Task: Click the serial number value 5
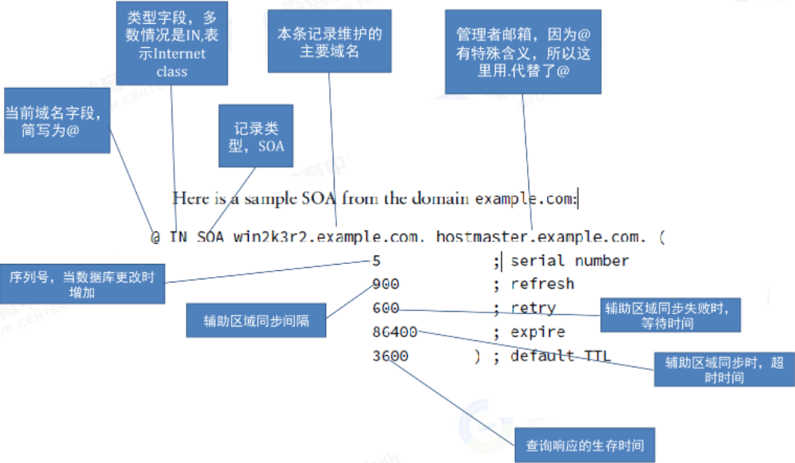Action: click(376, 261)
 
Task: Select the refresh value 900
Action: click(386, 284)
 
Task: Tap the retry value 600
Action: click(386, 308)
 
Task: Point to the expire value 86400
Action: click(395, 332)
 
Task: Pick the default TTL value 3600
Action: click(390, 356)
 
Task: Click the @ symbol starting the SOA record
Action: click(155, 237)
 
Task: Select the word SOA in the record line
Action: click(210, 237)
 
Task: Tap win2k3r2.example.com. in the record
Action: click(328, 237)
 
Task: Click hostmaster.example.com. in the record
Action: click(541, 237)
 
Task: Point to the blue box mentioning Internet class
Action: click(172, 43)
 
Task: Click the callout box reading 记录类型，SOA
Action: click(256, 136)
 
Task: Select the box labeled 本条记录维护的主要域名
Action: click(330, 41)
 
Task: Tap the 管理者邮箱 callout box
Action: click(523, 52)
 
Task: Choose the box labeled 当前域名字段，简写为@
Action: click(57, 120)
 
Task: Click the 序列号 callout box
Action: click(82, 284)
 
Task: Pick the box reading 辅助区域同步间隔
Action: click(256, 320)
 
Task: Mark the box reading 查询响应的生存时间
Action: click(585, 444)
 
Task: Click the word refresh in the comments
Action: click(542, 284)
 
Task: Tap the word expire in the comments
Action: click(538, 332)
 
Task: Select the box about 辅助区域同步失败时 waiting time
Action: click(671, 315)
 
